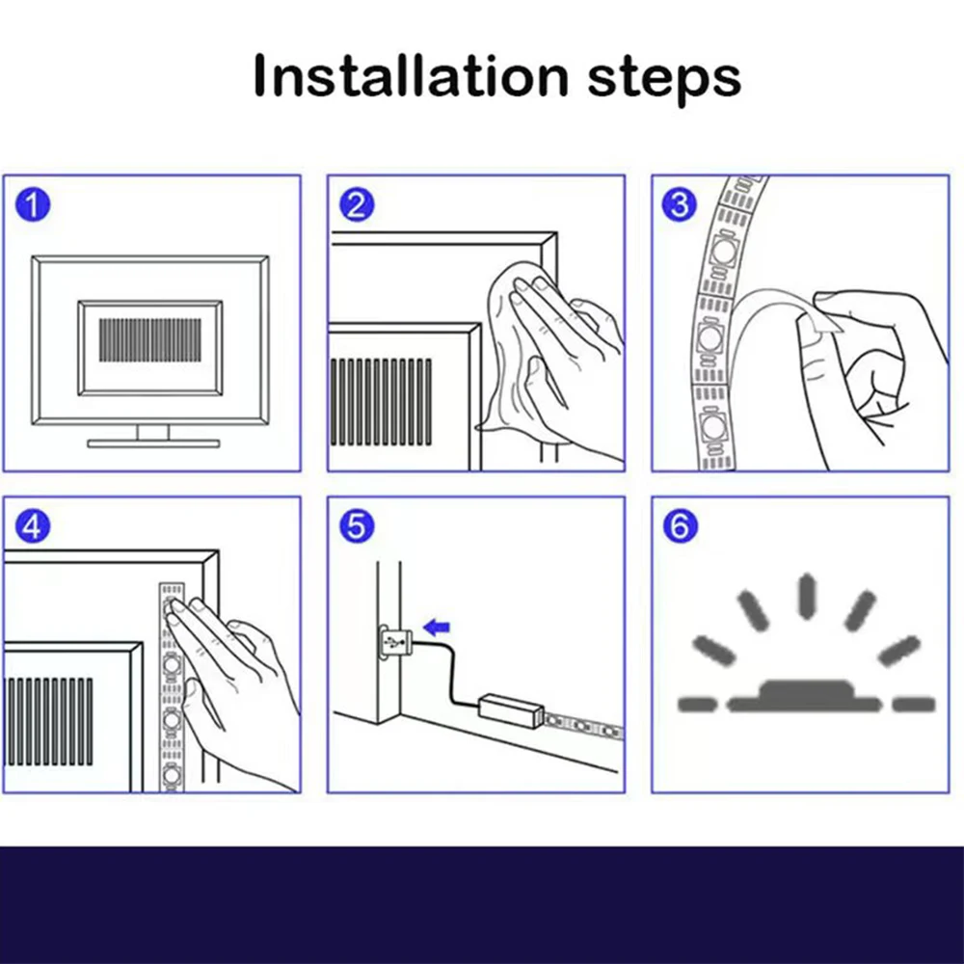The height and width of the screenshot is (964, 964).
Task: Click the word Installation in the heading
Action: point(411,75)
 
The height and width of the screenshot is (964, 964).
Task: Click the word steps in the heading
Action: point(664,80)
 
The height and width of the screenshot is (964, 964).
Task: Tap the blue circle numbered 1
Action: point(33,204)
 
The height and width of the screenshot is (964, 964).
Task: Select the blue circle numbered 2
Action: point(357,204)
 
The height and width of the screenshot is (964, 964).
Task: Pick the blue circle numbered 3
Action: point(680,204)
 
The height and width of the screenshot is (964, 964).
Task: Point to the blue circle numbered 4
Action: point(33,526)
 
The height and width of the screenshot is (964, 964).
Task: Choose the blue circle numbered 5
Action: point(357,526)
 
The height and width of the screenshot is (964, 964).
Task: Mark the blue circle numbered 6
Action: point(680,526)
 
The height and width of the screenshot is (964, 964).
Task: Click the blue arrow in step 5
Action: point(437,628)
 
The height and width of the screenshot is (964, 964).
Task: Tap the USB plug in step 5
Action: point(394,643)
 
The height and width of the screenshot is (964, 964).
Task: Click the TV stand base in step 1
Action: point(153,443)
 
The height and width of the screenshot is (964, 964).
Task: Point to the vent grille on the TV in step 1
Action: point(150,340)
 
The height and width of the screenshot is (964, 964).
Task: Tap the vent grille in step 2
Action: point(381,402)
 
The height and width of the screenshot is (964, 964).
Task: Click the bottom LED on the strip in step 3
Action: point(713,425)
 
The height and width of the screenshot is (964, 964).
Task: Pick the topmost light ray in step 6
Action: point(806,596)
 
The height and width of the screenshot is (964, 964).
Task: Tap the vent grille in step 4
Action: point(48,722)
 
